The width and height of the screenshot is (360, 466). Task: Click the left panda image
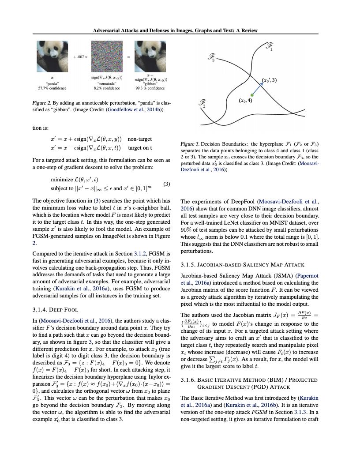[52, 57]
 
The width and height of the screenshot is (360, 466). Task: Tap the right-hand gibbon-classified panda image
[150, 57]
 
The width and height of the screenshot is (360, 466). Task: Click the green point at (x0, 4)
[251, 94]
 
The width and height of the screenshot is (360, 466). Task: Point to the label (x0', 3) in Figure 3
[269, 80]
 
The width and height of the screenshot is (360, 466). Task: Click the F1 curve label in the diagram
[269, 46]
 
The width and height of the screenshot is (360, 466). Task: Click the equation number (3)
[167, 184]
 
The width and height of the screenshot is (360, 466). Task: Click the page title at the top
[176, 30]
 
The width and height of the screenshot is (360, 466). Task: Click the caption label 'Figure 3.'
[190, 144]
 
